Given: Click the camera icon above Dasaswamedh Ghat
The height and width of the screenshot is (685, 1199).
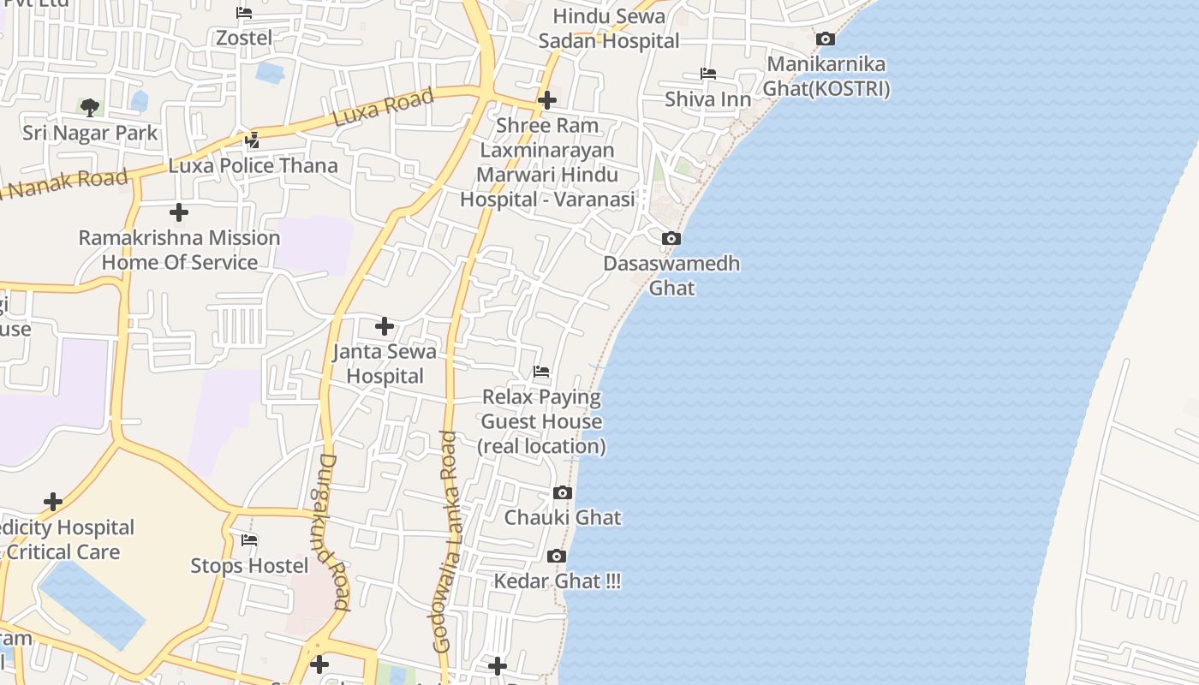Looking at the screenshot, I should click(x=671, y=238).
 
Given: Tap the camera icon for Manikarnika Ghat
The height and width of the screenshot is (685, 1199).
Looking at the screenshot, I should click(x=825, y=39).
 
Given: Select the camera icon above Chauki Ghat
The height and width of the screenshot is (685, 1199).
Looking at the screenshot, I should click(x=563, y=492).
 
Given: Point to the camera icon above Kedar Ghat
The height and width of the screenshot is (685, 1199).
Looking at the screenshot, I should click(x=556, y=556).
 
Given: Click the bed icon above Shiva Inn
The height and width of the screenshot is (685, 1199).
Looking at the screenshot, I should click(x=708, y=74).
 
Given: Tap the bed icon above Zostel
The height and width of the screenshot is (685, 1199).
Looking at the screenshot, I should click(x=244, y=13).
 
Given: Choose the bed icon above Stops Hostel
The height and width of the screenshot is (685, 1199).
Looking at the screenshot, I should click(x=249, y=540).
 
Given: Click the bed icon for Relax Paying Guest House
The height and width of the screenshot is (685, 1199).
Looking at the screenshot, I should click(x=541, y=372).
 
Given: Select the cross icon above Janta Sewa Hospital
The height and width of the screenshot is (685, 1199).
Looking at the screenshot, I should click(x=385, y=326).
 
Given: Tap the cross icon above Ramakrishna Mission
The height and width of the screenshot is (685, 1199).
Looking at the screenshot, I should click(x=179, y=211).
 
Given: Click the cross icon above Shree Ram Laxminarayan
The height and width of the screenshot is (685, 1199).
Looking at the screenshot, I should click(x=547, y=100).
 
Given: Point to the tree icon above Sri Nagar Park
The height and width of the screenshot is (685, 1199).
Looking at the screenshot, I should click(x=90, y=107).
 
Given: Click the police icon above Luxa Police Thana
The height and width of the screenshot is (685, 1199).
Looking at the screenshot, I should click(x=253, y=140).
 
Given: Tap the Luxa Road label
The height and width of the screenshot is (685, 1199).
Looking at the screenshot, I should click(x=383, y=107).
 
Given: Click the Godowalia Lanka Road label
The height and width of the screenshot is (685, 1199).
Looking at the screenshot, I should click(x=446, y=541).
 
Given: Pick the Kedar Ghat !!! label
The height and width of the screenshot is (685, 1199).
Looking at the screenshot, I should click(x=558, y=581).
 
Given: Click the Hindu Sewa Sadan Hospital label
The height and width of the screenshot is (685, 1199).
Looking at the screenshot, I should click(x=609, y=28).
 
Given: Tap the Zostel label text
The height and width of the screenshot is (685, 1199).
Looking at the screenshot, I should click(x=244, y=38).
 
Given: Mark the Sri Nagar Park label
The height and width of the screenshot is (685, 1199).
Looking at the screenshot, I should click(x=90, y=133).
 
